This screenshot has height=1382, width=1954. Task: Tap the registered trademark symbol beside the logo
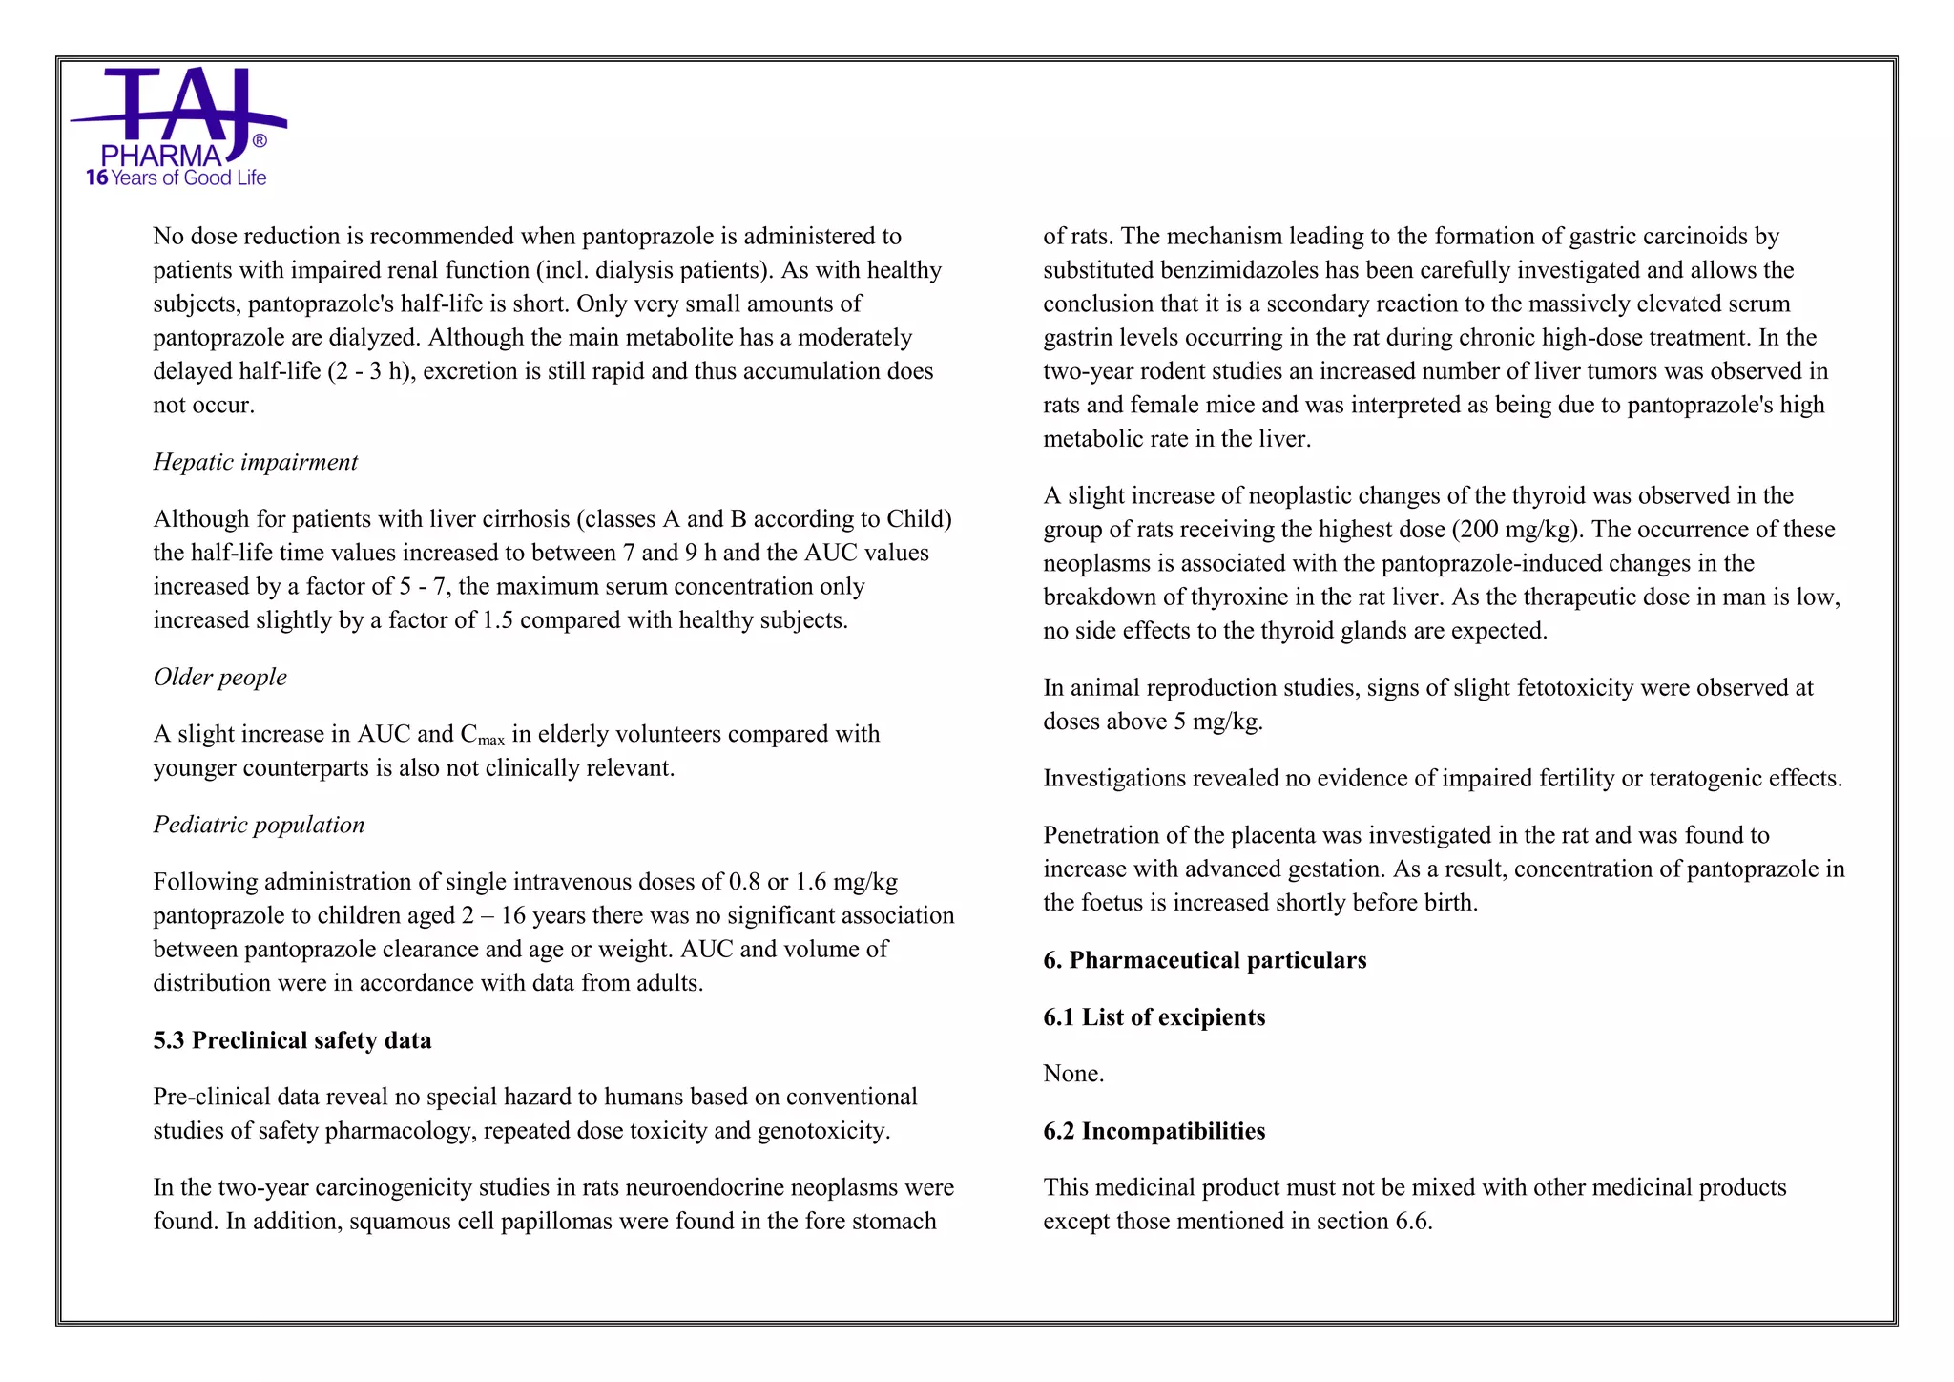(x=260, y=141)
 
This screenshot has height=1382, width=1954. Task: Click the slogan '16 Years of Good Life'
(x=177, y=178)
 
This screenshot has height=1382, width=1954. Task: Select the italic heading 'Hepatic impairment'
(x=255, y=462)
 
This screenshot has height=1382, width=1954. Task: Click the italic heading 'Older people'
(x=219, y=677)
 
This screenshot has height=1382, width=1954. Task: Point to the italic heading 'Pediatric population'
(x=259, y=825)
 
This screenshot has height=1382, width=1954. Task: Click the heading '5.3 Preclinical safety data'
(x=292, y=1040)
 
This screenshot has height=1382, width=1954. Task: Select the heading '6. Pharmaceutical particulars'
(x=1204, y=960)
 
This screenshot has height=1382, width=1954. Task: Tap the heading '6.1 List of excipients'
(x=1154, y=1017)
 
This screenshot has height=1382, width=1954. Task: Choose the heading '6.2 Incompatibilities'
(x=1154, y=1131)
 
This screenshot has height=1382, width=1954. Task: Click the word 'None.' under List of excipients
(x=1073, y=1074)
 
